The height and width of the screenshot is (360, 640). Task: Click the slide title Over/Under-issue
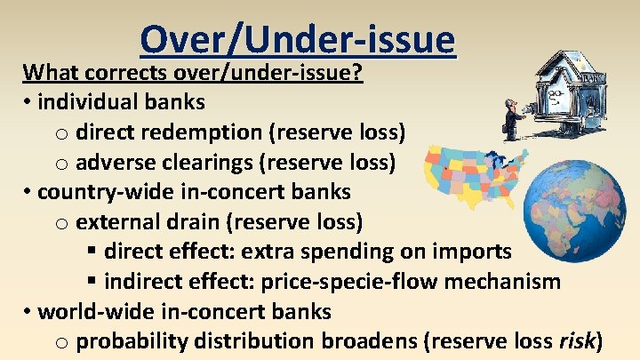pyautogui.click(x=297, y=39)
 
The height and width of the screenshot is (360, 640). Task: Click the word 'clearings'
pyautogui.click(x=195, y=163)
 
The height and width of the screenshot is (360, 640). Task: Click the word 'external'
pyautogui.click(x=115, y=222)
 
